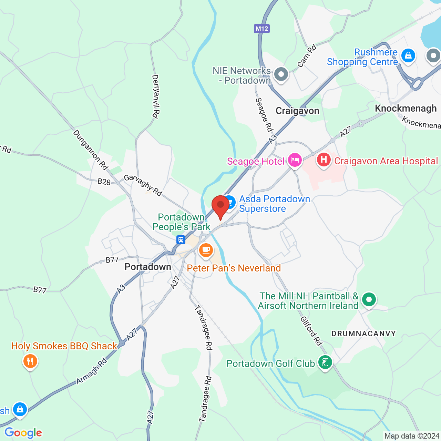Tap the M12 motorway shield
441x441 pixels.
(262, 28)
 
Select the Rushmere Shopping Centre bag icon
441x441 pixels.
(408, 55)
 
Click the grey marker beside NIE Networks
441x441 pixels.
(281, 74)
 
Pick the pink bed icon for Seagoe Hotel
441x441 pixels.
(295, 160)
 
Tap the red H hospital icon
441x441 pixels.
(324, 160)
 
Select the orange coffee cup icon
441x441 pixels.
(206, 250)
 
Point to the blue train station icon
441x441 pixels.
(181, 240)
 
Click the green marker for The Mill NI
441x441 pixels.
(369, 300)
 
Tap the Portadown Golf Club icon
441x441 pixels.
(325, 362)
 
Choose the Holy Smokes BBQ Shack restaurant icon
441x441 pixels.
(30, 361)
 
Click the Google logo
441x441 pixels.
(23, 433)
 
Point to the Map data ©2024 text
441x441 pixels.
(412, 436)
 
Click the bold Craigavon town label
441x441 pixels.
(297, 111)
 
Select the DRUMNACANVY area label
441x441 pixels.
(363, 334)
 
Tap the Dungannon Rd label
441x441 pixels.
(91, 150)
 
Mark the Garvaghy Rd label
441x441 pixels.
(143, 185)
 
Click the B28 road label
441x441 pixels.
(104, 181)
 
